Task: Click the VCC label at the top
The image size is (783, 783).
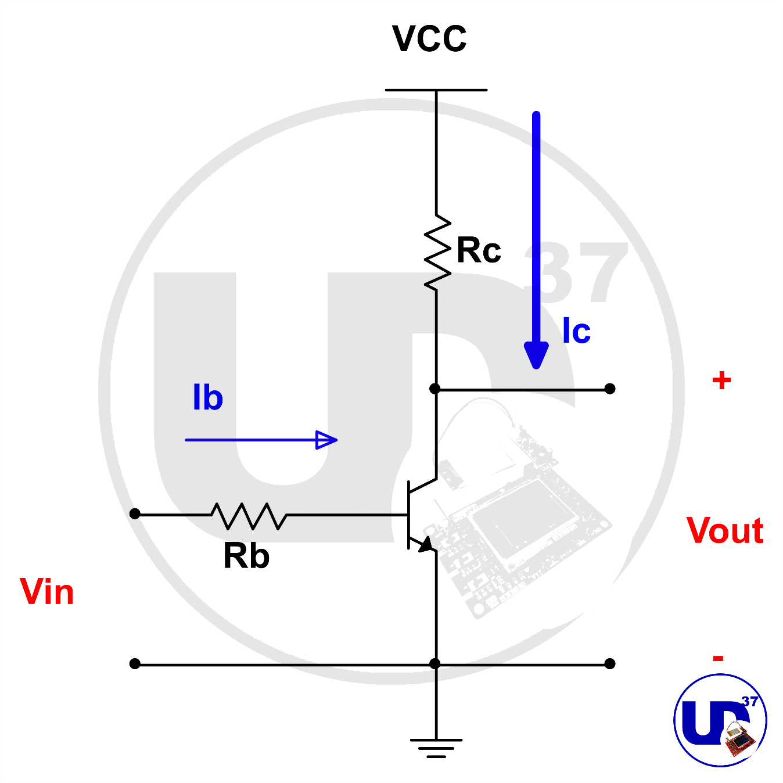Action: pos(429,39)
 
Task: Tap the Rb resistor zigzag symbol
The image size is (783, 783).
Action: pos(249,516)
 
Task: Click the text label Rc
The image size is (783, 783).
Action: pos(479,251)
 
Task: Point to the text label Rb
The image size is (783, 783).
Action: pos(246,556)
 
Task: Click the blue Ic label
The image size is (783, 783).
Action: pos(576,332)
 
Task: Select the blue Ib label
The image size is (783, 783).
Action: pos(207,398)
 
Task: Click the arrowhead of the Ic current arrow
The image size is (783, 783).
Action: pos(536,355)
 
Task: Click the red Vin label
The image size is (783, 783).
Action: pos(47,592)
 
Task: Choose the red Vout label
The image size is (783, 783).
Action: pos(724,531)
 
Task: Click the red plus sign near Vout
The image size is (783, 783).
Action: pos(721,381)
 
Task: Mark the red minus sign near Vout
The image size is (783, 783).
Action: pos(719,658)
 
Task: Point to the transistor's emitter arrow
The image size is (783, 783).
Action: pos(426,545)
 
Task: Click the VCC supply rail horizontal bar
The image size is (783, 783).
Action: pos(436,90)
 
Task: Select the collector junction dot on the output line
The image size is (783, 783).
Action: pos(435,389)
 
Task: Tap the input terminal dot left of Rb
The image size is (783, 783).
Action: pos(135,513)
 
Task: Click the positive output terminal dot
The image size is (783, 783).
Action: pos(609,389)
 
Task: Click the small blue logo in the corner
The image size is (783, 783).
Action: pos(720,720)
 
